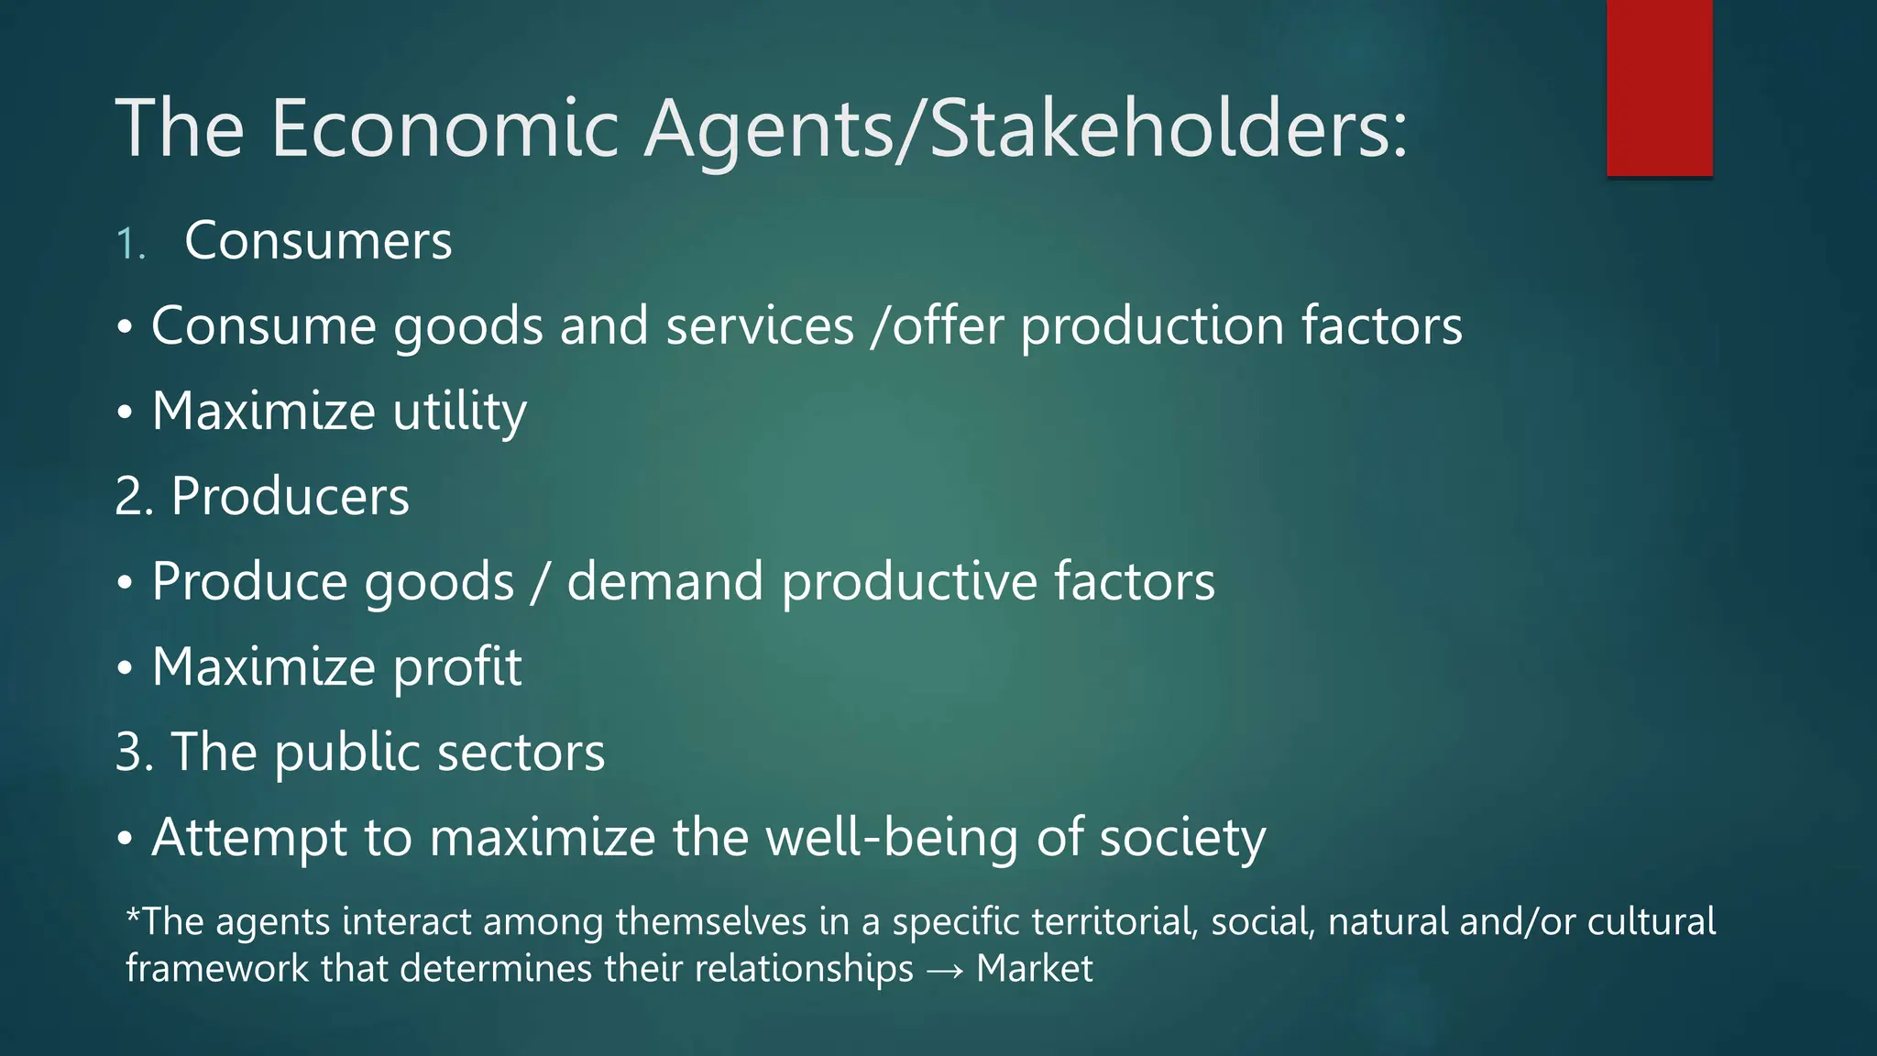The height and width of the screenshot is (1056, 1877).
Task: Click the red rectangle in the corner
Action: coord(1659,87)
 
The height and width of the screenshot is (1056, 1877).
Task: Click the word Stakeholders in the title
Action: coord(1168,128)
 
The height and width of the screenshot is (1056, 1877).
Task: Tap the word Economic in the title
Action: coord(445,128)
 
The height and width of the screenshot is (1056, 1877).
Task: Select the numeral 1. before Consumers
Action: coord(131,245)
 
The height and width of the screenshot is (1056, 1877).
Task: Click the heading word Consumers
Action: coord(318,241)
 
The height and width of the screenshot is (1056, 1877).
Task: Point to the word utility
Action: coord(460,412)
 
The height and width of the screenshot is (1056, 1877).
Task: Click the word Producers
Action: coord(290,497)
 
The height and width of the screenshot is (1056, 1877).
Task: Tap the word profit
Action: coord(457,667)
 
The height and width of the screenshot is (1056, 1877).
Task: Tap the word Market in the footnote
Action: coord(1035,969)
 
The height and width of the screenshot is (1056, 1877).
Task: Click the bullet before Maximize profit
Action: coord(126,669)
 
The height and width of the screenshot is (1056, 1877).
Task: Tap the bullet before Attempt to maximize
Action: coord(126,840)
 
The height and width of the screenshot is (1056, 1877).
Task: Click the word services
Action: coord(760,326)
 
